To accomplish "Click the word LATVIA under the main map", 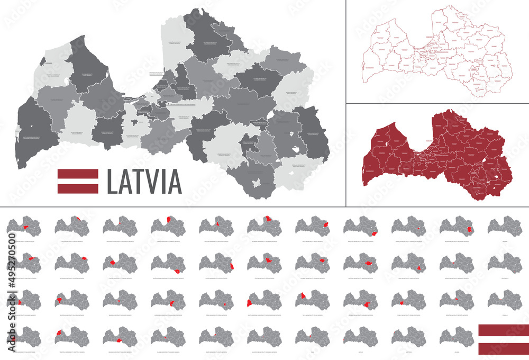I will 144,181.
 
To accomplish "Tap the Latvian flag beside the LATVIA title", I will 78,181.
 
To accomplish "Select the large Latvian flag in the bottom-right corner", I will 503,339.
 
